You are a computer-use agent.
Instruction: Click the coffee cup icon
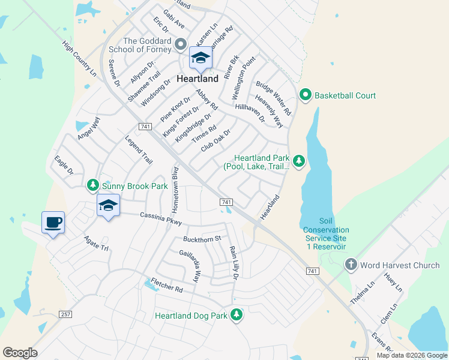53,223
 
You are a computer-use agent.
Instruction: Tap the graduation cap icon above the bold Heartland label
200,58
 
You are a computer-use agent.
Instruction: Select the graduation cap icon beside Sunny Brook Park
108,206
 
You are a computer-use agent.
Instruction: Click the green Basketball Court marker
306,95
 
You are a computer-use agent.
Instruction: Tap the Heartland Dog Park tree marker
237,315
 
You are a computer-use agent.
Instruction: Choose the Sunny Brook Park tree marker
92,186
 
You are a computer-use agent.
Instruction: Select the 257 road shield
66,314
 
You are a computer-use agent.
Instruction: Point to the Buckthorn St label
202,239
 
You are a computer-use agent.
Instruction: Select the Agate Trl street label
96,242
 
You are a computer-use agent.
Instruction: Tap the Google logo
20,353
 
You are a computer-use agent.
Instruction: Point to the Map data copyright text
412,355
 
